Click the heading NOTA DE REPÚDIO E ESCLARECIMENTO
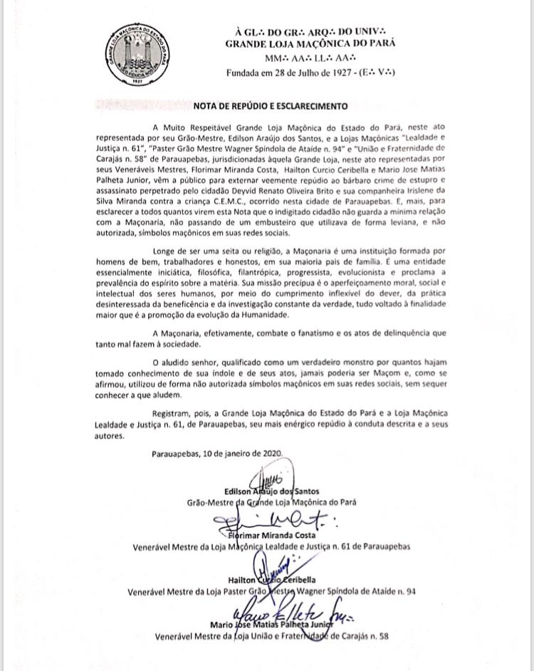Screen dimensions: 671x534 (x=272, y=106)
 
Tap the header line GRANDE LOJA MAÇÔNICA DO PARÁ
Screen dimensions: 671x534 (x=310, y=43)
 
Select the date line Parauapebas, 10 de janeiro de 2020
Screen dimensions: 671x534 (x=217, y=453)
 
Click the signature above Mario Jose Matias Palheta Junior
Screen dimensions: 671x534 (x=292, y=611)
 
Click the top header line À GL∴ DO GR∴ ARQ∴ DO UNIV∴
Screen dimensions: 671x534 (x=310, y=30)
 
